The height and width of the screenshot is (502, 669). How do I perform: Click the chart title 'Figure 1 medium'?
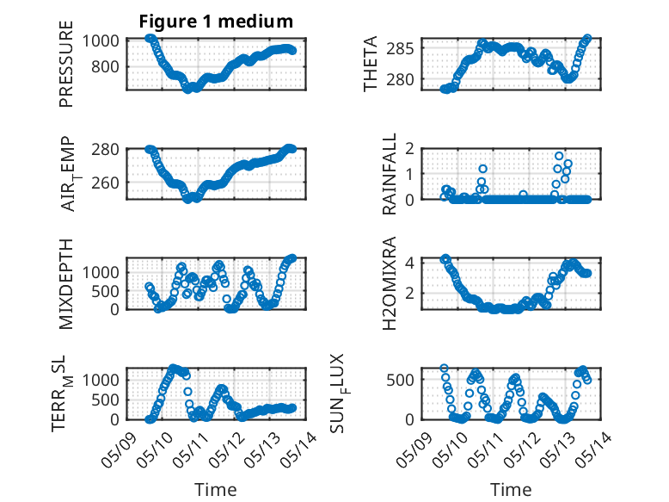[x=216, y=22]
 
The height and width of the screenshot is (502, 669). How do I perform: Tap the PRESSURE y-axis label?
[x=66, y=64]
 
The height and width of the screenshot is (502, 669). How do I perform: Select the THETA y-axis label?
[x=371, y=64]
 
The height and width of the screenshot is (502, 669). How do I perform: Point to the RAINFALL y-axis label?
[x=390, y=174]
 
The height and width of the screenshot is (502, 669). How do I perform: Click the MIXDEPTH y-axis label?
[x=66, y=284]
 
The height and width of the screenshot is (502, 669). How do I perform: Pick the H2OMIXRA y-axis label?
[x=390, y=283]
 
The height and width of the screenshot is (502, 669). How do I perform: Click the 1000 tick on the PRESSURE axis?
[x=101, y=41]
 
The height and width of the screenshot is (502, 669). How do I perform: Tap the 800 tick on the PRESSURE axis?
[x=106, y=66]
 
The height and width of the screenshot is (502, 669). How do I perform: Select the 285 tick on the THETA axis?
[x=400, y=48]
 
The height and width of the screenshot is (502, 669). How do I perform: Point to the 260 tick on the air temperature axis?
[x=106, y=183]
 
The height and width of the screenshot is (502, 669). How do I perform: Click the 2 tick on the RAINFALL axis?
[x=410, y=149]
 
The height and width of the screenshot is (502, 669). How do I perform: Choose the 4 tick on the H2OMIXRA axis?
[x=410, y=262]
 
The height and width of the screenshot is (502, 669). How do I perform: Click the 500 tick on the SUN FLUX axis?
[x=400, y=380]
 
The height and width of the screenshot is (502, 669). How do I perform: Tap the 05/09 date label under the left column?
[x=119, y=449]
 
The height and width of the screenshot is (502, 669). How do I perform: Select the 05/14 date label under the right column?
[x=594, y=449]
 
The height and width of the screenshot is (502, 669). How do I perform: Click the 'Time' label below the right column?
[x=511, y=490]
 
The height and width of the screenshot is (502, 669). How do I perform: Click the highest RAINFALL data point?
[x=559, y=156]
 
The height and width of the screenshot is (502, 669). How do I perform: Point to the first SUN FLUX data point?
[x=445, y=369]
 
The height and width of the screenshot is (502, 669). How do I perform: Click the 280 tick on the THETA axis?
[x=400, y=79]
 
